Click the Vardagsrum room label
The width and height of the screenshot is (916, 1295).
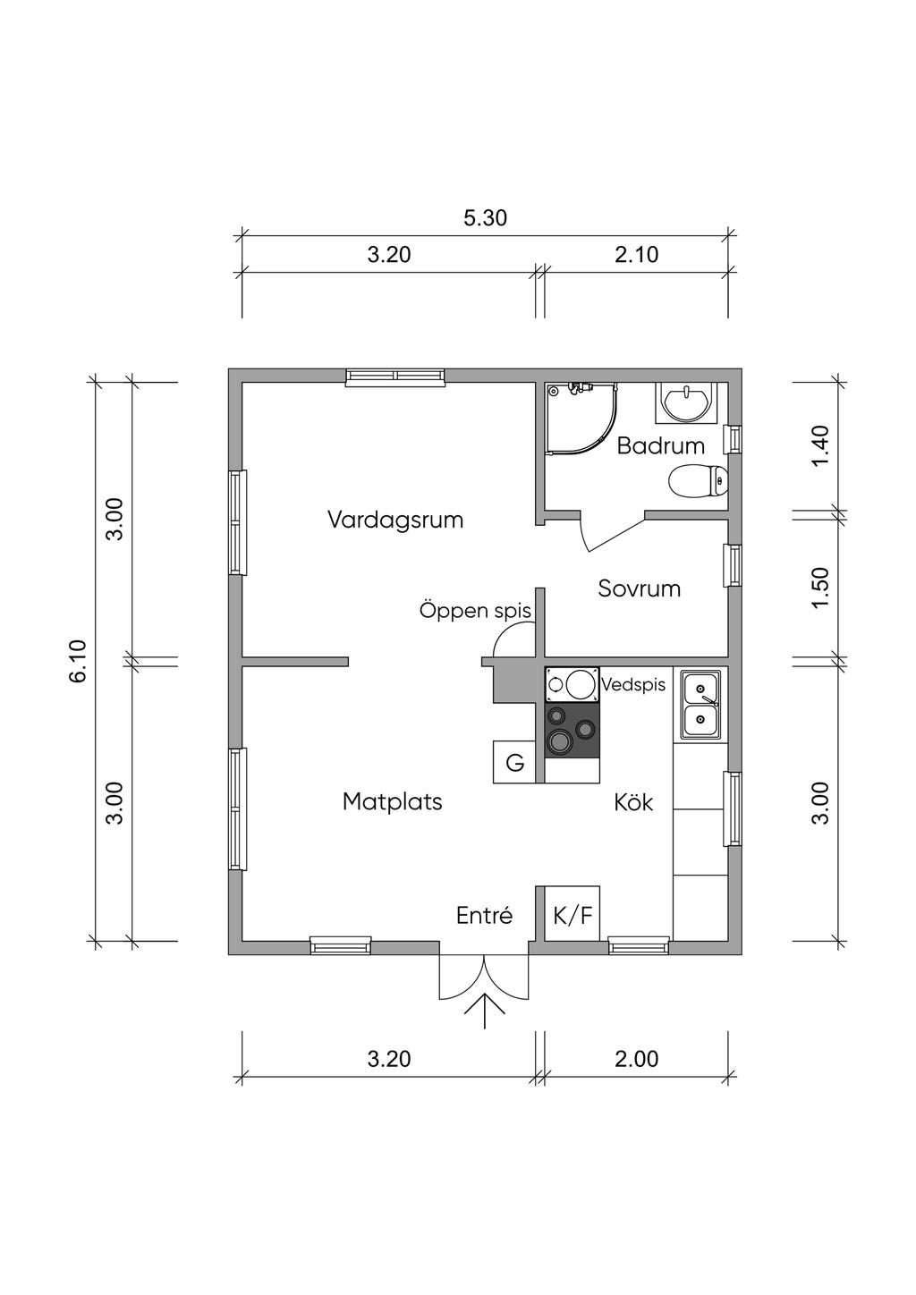(x=395, y=520)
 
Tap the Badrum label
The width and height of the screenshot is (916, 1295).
(x=660, y=445)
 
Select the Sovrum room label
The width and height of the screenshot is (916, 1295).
(x=639, y=588)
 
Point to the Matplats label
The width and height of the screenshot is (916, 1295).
(x=392, y=802)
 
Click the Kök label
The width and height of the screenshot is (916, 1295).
(x=633, y=802)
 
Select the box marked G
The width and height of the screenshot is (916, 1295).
(x=514, y=762)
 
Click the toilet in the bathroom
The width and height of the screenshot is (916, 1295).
(x=698, y=480)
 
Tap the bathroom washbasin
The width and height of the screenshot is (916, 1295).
(x=685, y=402)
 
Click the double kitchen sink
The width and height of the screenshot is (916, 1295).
(x=700, y=704)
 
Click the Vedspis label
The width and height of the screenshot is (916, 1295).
(x=633, y=685)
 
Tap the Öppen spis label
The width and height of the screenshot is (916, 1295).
(x=475, y=611)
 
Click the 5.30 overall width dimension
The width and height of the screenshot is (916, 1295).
(x=485, y=218)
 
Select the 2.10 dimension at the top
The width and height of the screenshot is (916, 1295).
(x=636, y=254)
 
